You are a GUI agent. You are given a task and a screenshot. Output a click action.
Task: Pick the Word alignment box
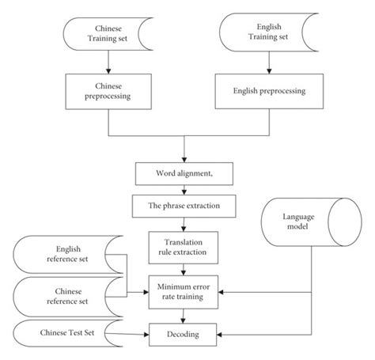click(x=184, y=174)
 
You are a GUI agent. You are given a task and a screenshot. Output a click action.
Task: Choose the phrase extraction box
click(x=184, y=207)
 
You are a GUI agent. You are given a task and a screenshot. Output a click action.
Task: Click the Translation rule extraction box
click(x=184, y=246)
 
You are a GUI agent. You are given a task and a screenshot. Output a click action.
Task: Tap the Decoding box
click(x=184, y=334)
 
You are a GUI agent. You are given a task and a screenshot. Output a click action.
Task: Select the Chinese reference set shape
click(x=68, y=298)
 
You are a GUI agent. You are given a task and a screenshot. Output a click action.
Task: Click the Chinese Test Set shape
click(x=68, y=334)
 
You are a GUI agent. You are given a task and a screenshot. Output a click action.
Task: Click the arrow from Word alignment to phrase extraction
click(x=184, y=191)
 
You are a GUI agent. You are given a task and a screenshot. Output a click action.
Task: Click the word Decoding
click(x=184, y=334)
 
